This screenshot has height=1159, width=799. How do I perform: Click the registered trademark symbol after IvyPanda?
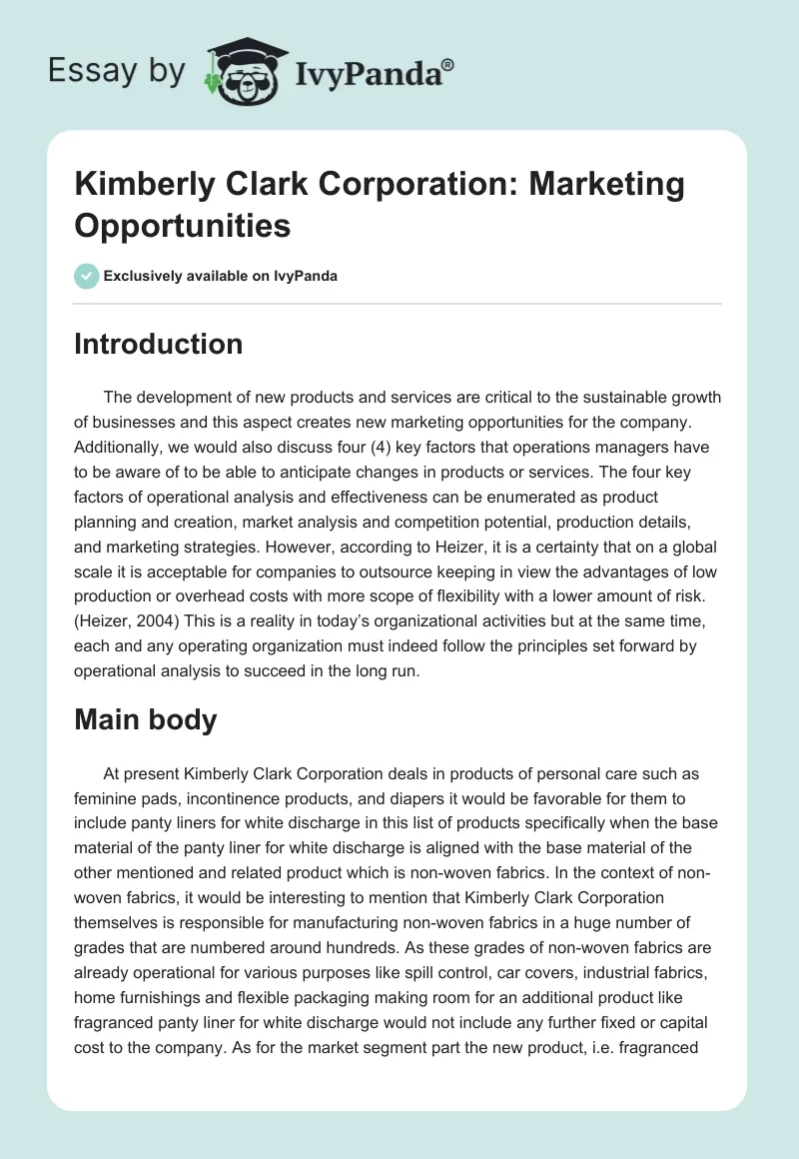coord(448,67)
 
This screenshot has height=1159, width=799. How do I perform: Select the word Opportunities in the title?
coord(183,225)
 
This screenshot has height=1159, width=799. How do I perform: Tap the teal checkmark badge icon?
coord(87,276)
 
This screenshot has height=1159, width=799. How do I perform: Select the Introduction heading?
coord(158,344)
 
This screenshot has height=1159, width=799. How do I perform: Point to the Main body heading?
coord(146,719)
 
